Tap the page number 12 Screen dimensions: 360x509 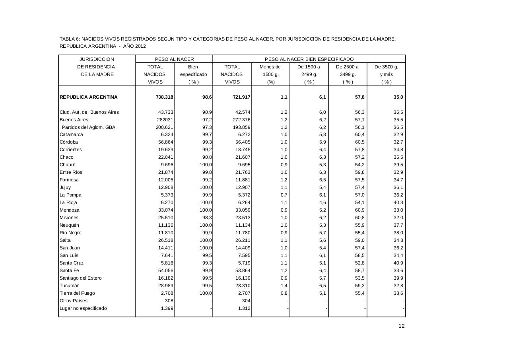[x=401, y=326]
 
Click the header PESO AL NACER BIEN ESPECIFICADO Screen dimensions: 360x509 [x=309, y=59]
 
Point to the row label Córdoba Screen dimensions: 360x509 [x=69, y=142]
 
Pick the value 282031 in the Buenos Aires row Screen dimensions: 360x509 [x=164, y=120]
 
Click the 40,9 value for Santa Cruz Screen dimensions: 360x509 [x=398, y=263]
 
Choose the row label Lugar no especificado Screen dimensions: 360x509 [x=83, y=308]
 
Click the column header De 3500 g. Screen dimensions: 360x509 [x=386, y=67]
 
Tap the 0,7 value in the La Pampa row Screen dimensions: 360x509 [x=284, y=195]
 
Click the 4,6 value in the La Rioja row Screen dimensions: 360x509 [x=322, y=202]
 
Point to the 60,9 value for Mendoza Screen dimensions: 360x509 [x=359, y=210]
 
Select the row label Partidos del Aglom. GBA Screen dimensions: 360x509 [x=89, y=127]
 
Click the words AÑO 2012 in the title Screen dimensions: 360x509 [x=135, y=46]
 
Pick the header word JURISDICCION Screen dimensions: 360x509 [x=97, y=59]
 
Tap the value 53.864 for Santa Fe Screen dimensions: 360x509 [x=243, y=270]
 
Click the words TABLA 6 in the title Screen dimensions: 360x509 [x=70, y=39]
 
